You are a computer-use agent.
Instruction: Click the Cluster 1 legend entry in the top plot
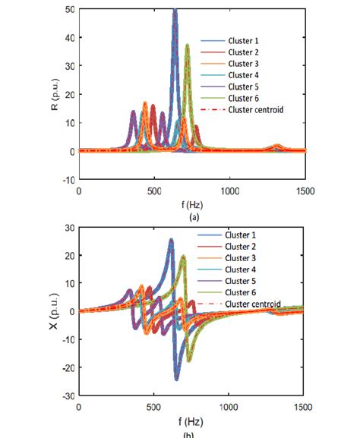pos(244,40)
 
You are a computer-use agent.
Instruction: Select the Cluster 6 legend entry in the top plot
pos(244,98)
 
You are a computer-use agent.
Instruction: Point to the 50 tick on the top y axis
pos(69,9)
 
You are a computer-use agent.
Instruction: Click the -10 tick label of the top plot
pos(67,180)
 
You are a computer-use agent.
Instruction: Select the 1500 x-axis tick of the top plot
pos(305,190)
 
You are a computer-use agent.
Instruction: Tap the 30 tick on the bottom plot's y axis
pos(68,228)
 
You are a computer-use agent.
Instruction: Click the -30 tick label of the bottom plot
pos(67,396)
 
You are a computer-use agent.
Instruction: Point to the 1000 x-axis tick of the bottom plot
pos(229,406)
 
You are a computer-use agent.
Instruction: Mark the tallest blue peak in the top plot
pos(175,11)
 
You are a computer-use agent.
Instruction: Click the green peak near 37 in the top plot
pos(187,46)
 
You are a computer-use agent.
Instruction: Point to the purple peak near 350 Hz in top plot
pos(134,112)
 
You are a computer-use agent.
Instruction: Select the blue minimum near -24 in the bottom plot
pos(176,378)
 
